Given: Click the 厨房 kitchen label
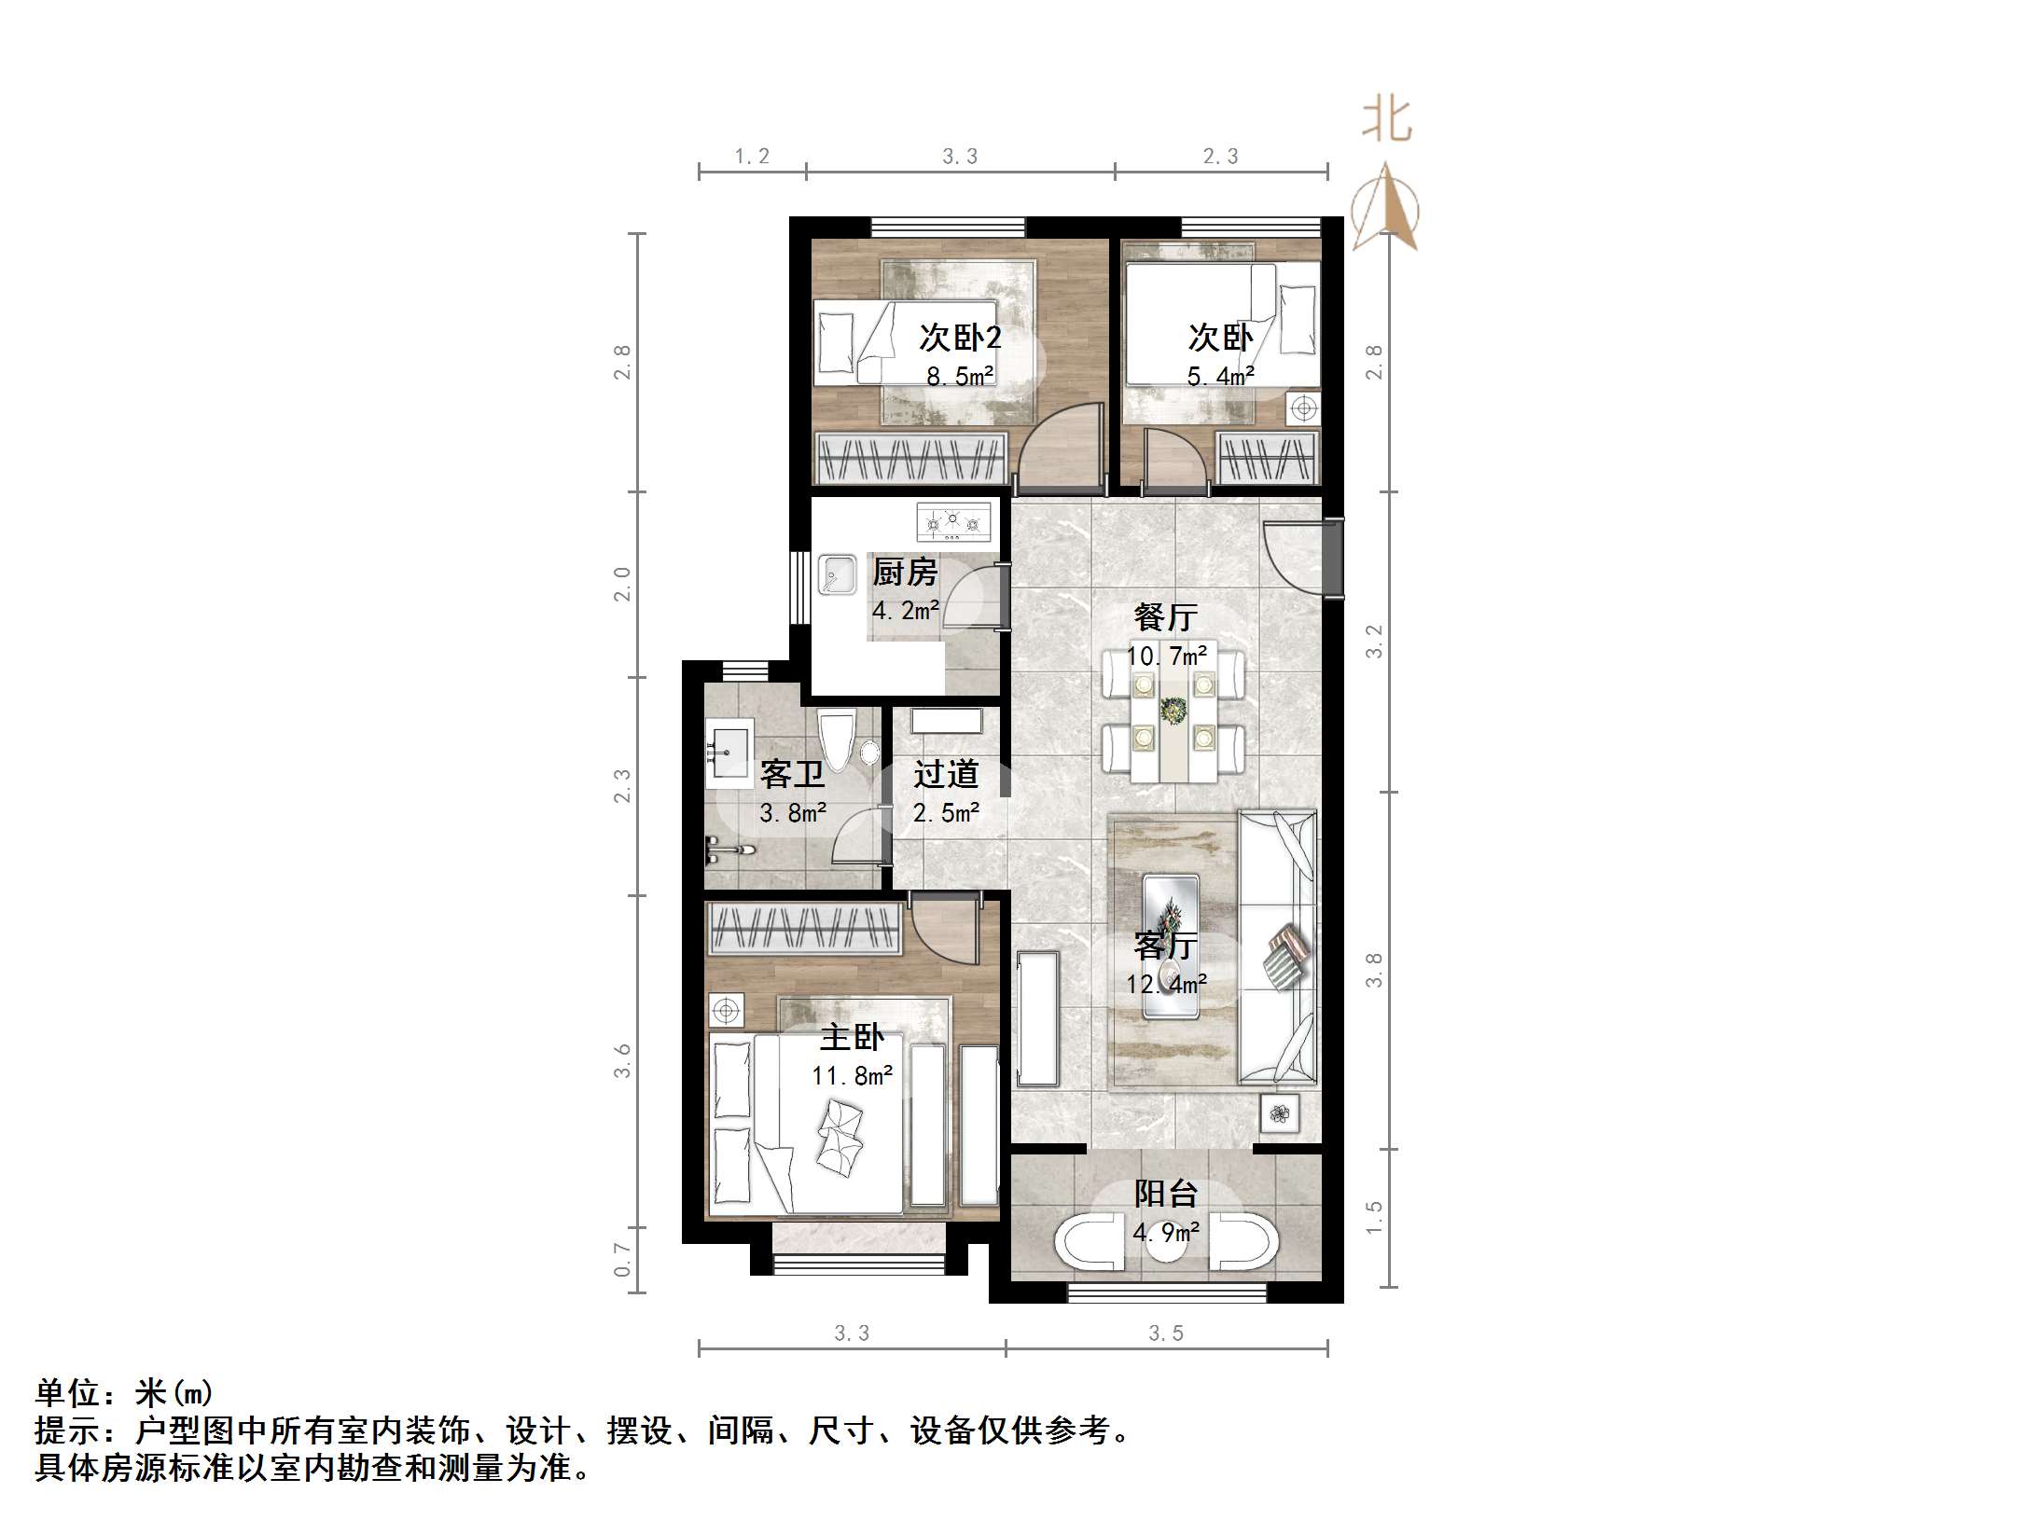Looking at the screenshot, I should [904, 572].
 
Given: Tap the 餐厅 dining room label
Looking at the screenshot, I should [1165, 616].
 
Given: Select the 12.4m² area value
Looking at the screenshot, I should [1166, 984].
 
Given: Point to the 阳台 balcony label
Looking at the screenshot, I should [1165, 1194].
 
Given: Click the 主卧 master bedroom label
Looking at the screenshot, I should [852, 1037].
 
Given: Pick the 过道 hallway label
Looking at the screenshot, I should [946, 774].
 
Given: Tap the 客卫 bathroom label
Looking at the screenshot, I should [792, 774].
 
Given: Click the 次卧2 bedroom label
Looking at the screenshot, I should [960, 338].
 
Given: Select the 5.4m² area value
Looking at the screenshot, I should [1220, 377].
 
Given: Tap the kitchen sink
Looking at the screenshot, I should [837, 575].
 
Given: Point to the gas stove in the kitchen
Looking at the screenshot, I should [953, 524].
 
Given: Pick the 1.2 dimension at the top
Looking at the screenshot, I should [752, 157].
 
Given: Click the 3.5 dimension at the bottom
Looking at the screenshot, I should [1166, 1333].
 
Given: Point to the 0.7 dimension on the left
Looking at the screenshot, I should [623, 1259].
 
